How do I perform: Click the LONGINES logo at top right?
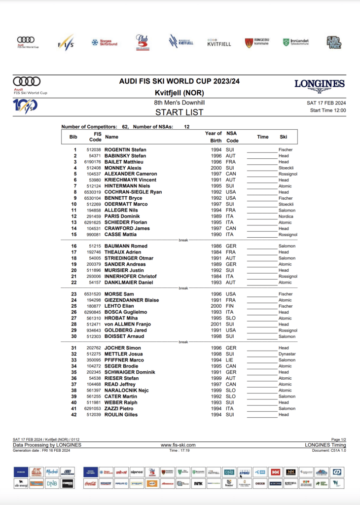[319, 84]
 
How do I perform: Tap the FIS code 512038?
[94, 150]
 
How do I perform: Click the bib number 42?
[74, 415]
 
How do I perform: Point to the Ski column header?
[283, 137]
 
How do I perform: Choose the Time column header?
[263, 137]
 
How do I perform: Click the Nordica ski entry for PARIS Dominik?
[286, 216]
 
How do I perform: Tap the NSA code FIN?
[230, 306]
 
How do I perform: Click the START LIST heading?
[179, 112]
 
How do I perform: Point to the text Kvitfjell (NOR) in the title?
[179, 93]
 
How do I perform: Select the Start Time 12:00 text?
[327, 110]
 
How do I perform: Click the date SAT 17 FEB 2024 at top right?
[326, 103]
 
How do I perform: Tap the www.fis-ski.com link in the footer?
[179, 445]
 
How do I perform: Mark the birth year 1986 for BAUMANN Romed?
[216, 246]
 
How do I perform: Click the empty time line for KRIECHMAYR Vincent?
[261, 180]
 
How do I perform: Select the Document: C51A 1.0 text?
[329, 450]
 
